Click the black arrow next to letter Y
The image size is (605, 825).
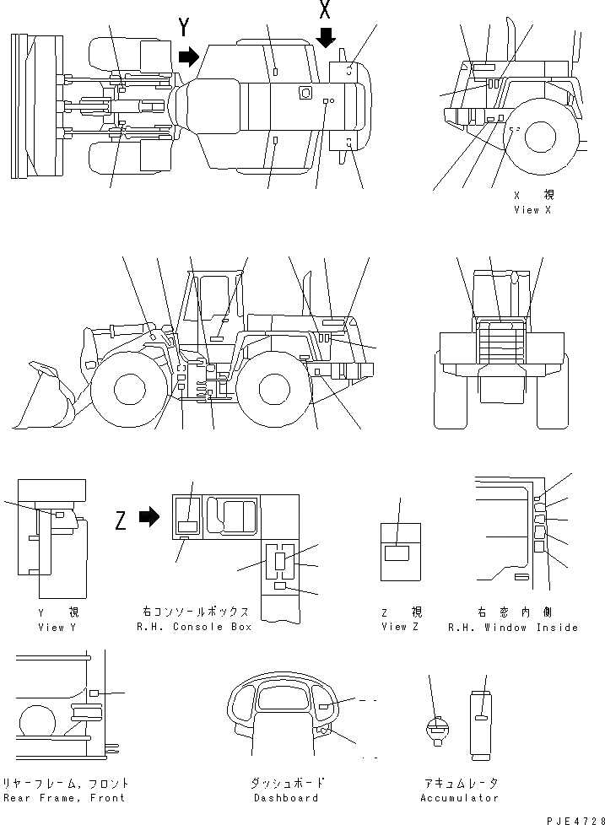tap(190, 57)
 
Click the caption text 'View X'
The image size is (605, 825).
tap(532, 210)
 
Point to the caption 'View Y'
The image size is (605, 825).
tap(51, 628)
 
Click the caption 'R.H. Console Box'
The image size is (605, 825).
tap(194, 628)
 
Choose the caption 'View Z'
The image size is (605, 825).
tap(401, 627)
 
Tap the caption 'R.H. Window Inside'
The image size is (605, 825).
tap(512, 628)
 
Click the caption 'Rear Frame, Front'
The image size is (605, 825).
tap(64, 798)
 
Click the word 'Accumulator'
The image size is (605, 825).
tap(459, 798)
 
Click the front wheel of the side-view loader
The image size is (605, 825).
tap(127, 390)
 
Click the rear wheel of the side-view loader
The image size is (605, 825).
tap(275, 390)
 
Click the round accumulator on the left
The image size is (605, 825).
tap(437, 729)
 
